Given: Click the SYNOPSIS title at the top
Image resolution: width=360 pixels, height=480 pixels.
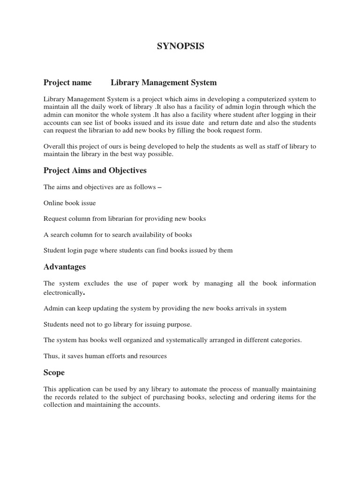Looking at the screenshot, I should pyautogui.click(x=180, y=46).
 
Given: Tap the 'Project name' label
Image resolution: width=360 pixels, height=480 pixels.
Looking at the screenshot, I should pyautogui.click(x=67, y=82).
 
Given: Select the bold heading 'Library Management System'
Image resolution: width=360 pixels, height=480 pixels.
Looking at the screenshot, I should pyautogui.click(x=164, y=82).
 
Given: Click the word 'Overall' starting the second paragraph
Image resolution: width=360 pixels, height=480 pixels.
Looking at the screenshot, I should pyautogui.click(x=55, y=146).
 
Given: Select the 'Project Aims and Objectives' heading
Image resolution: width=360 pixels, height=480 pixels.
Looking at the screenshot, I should pyautogui.click(x=95, y=170).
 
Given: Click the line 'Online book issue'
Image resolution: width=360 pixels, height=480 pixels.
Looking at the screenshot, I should pyautogui.click(x=69, y=203).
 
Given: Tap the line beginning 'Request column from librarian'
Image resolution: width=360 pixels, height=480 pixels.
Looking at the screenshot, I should pyautogui.click(x=125, y=218).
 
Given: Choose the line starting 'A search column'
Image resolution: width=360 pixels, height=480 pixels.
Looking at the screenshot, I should pyautogui.click(x=118, y=234).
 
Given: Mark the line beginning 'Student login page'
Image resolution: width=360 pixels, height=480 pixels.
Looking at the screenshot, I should pyautogui.click(x=138, y=250).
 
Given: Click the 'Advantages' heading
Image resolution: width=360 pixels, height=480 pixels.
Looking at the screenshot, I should pyautogui.click(x=65, y=267).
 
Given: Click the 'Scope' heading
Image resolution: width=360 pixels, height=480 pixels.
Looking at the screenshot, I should pyautogui.click(x=54, y=373).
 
